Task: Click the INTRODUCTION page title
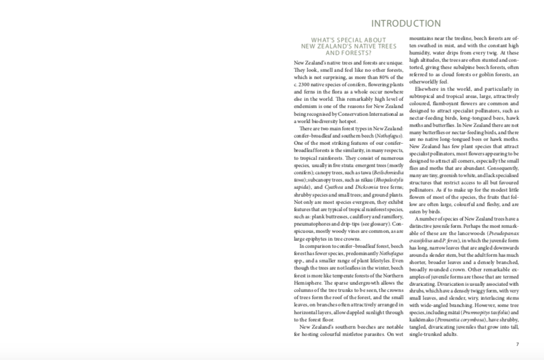pos(406,23)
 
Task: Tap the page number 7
pos(517,344)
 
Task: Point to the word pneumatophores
pos(314,223)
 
